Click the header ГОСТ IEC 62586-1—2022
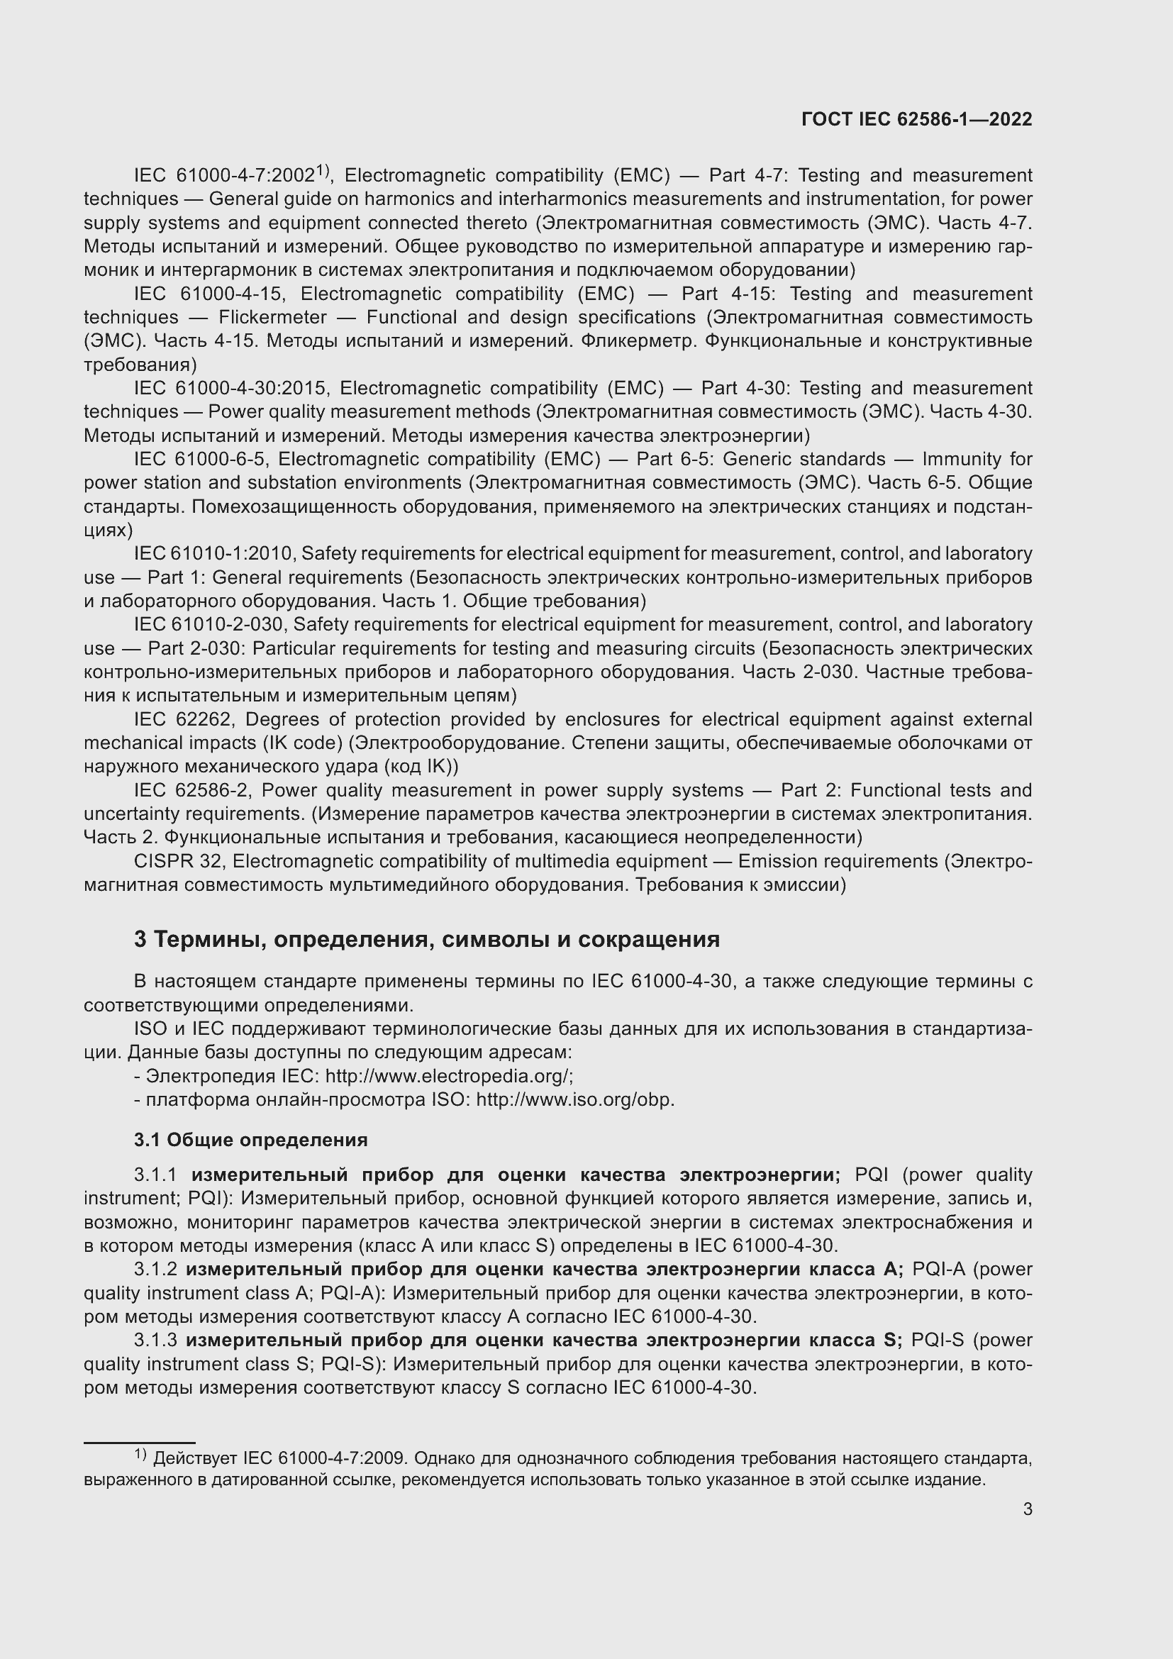click(916, 119)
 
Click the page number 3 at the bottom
click(1027, 1509)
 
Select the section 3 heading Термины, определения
click(426, 939)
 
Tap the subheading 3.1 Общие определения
click(250, 1140)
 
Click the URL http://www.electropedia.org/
click(447, 1076)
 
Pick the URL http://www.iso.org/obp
click(575, 1100)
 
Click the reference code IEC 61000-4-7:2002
click(225, 176)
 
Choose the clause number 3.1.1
click(155, 1175)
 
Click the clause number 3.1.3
click(155, 1341)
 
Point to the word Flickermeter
click(273, 317)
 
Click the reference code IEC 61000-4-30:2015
click(232, 389)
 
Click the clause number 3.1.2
click(155, 1270)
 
